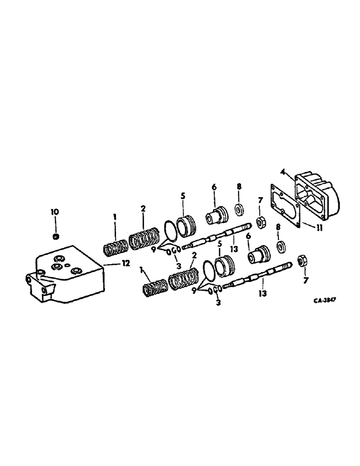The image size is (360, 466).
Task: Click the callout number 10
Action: tap(55, 212)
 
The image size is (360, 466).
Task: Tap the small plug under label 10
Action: tap(55, 237)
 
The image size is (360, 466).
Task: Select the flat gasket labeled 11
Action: tap(285, 205)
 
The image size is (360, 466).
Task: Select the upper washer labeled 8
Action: tap(238, 209)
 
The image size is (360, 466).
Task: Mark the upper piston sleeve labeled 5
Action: tap(187, 225)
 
